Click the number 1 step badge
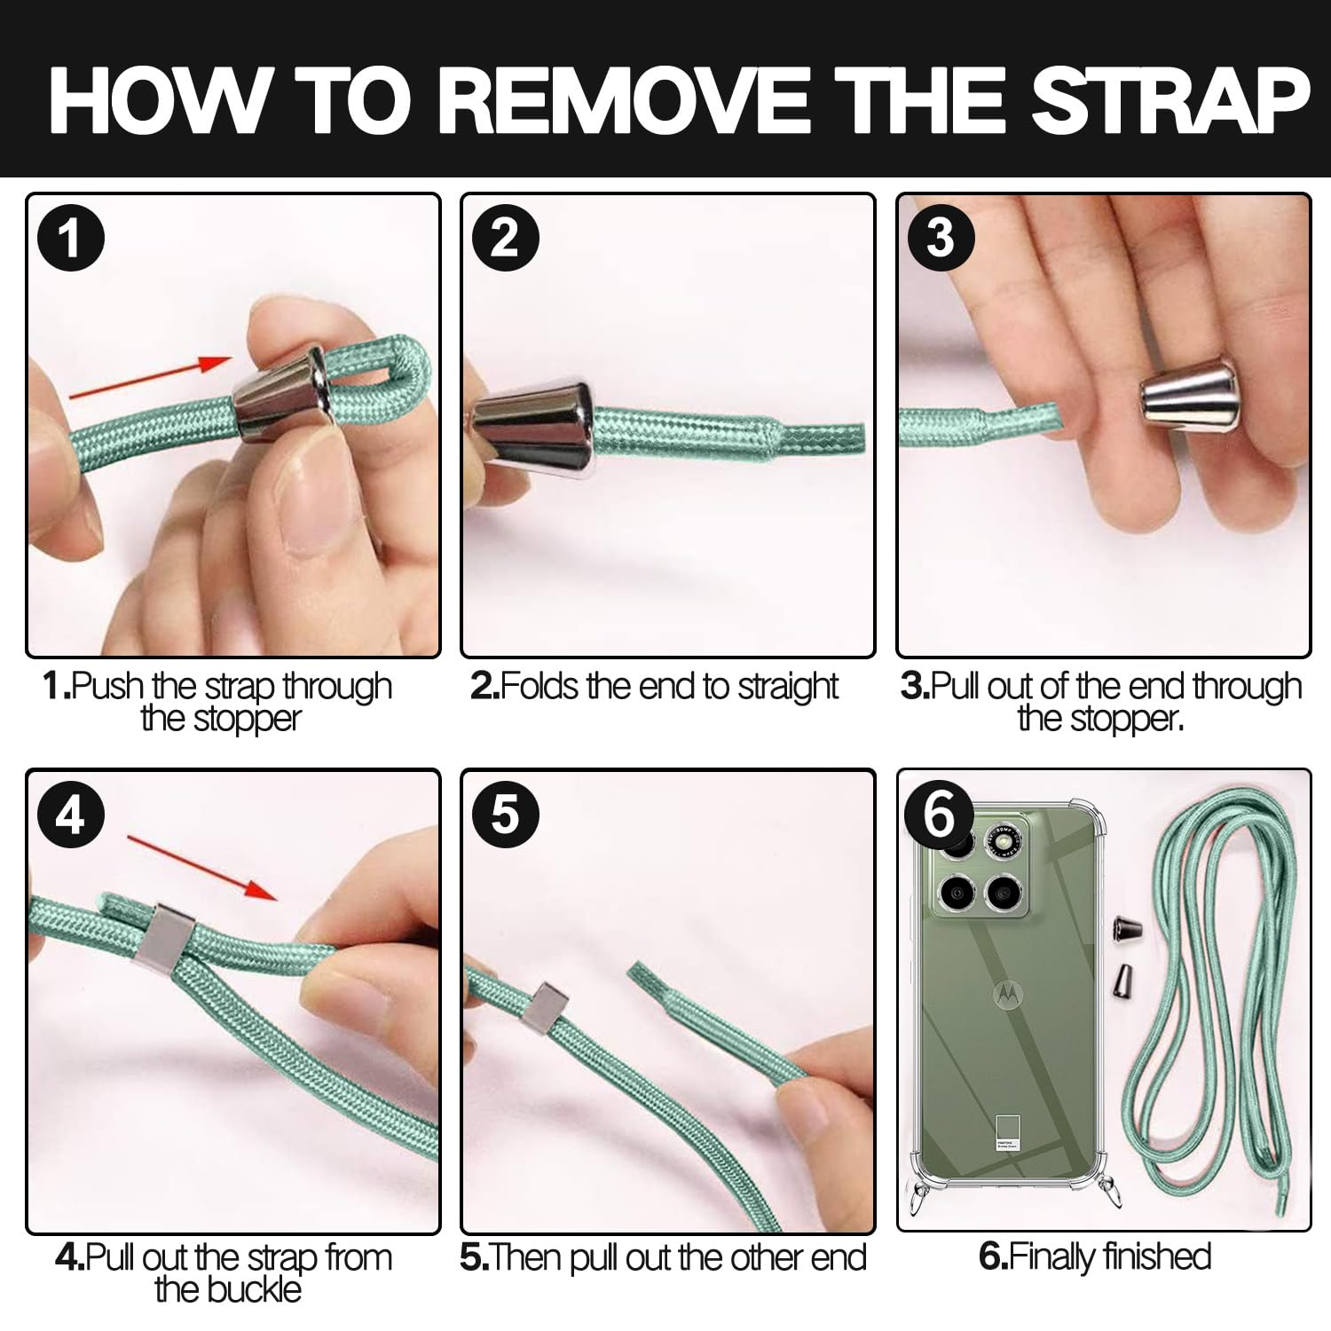coord(71,239)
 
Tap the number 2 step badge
coord(505,239)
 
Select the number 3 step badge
coord(941,239)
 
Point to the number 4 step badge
coord(71,814)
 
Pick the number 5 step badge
coord(505,814)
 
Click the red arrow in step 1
coord(150,379)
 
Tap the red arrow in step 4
coord(202,867)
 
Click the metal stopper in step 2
coord(532,429)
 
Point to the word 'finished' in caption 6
coord(1154,1256)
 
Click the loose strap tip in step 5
coord(635,973)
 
